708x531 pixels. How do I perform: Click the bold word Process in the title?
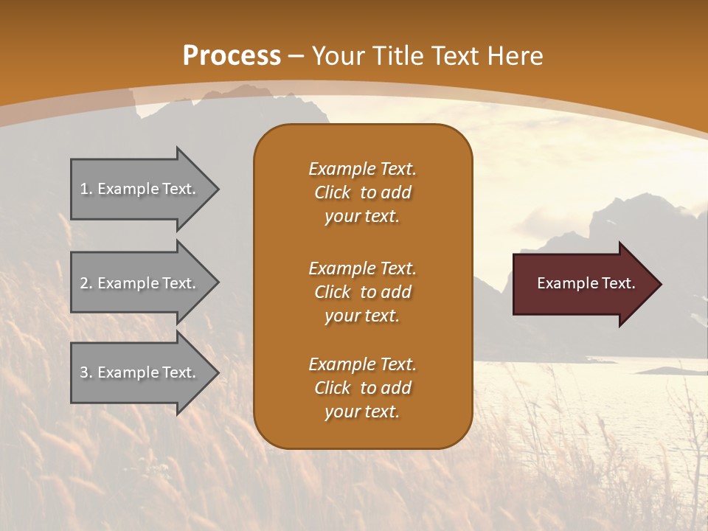coord(232,56)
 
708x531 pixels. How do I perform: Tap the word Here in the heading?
coord(515,56)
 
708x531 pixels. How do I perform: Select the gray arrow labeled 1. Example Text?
coord(140,189)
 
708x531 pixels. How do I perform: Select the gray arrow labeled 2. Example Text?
coord(140,283)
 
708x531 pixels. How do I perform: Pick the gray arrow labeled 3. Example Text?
coord(140,372)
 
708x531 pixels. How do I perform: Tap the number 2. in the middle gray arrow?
coord(86,283)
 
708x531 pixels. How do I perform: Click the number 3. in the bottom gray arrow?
coord(86,372)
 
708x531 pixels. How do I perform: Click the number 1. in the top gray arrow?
coord(86,189)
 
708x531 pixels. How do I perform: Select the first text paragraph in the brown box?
coord(362,192)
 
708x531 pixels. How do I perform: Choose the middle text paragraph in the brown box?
coord(362,292)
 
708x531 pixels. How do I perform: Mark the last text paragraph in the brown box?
coord(362,388)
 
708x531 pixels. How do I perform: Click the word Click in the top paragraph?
coord(333,192)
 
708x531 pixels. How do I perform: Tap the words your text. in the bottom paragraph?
coord(362,412)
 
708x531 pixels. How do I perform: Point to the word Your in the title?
coord(336,56)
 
